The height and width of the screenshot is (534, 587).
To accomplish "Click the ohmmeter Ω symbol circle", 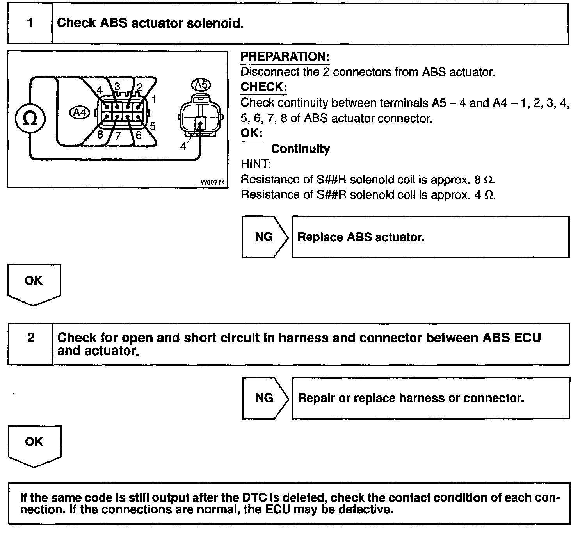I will coord(30,119).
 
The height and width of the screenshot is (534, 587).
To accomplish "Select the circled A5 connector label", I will coord(201,85).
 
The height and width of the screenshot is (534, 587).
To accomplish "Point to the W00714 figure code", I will coord(213,182).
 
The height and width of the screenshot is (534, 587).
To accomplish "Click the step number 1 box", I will coord(30,23).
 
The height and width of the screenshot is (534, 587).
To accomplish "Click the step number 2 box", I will coord(30,338).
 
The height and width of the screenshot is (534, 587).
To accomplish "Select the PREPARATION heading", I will coord(285,57).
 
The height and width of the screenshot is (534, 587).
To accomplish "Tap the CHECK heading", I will coord(263,87).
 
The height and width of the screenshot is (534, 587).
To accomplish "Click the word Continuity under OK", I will coord(300,149).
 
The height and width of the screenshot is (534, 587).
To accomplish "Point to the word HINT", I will coord(256,164).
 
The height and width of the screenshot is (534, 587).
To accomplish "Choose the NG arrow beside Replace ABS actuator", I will coord(264,237).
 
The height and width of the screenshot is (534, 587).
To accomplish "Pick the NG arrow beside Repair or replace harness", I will coord(265,398).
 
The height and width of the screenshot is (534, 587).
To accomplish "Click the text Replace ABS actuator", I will coord(361,237).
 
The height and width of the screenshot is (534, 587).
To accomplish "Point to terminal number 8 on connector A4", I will coord(100,135).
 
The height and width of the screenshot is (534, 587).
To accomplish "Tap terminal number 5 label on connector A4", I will coord(152,126).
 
